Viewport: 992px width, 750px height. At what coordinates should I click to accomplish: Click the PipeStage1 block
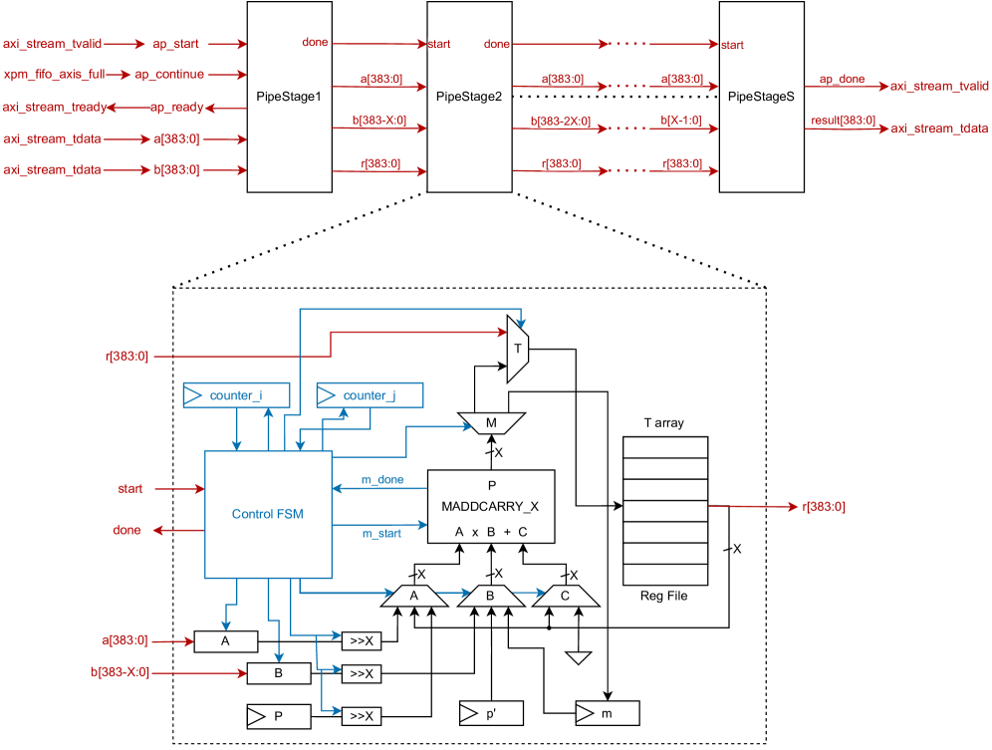[289, 97]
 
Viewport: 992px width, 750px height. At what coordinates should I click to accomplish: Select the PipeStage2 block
[469, 97]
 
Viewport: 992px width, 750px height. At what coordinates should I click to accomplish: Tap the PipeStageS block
[761, 97]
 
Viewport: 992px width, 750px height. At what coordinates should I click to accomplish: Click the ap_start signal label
[175, 44]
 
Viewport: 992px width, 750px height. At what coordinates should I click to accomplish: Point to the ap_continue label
[169, 75]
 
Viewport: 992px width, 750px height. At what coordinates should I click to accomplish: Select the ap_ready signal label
[176, 107]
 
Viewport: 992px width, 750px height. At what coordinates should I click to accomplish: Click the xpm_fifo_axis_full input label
[53, 75]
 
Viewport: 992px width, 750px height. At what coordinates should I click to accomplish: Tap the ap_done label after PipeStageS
[842, 79]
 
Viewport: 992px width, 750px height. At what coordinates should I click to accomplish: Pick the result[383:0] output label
[843, 121]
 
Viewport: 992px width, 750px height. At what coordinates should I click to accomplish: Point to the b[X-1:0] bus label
[681, 121]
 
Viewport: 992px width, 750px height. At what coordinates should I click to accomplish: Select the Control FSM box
[268, 514]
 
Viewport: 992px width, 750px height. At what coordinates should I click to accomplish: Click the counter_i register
[236, 395]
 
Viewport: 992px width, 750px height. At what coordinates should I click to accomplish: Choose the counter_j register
[369, 395]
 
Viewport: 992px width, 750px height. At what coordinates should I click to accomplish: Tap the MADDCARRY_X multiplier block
[490, 506]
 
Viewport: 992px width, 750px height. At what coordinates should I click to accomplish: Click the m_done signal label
[381, 480]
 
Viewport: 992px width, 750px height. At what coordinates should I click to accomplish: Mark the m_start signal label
[381, 534]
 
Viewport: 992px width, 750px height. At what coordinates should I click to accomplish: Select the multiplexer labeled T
[518, 349]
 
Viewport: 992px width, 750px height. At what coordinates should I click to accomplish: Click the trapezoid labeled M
[491, 424]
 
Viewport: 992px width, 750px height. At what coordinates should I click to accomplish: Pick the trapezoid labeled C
[565, 597]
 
